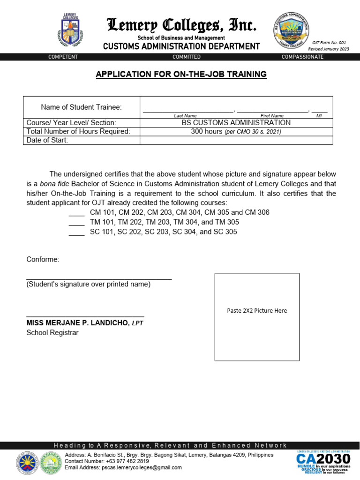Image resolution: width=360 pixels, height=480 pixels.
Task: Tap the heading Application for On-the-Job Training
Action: (181, 74)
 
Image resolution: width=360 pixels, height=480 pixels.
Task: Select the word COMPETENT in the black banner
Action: (63, 57)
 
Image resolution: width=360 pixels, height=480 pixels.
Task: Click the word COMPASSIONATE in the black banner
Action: (302, 57)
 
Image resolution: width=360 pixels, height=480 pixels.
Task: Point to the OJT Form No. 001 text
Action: (329, 43)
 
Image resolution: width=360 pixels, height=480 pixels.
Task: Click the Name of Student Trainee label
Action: (81, 107)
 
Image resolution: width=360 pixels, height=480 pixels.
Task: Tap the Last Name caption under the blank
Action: (185, 115)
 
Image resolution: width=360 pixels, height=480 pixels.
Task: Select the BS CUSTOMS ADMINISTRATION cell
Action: (236, 123)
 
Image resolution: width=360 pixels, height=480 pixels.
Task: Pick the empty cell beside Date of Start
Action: (236, 140)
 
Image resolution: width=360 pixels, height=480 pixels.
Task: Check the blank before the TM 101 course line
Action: (76, 223)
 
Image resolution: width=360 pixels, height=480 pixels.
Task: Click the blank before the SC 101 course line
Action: (76, 232)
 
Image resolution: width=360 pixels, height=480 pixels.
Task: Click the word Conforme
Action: (43, 259)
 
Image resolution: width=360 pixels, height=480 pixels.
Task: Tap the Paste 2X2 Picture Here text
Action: (257, 311)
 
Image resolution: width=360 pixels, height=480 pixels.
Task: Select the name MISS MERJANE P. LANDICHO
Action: (77, 323)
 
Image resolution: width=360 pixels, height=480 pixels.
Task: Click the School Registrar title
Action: (52, 333)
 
